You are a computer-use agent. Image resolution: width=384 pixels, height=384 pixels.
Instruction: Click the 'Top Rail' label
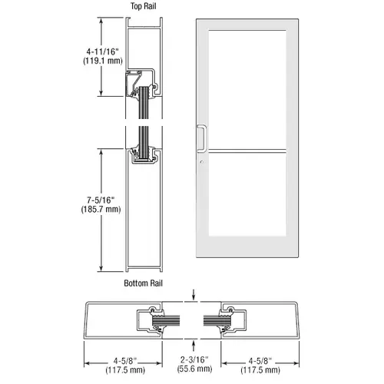click(x=143, y=6)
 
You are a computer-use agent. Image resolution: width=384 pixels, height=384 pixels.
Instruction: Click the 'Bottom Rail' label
click(x=143, y=283)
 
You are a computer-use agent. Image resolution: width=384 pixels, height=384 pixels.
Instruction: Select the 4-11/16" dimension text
click(x=103, y=51)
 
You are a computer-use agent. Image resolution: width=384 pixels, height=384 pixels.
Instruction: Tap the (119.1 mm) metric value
click(x=103, y=61)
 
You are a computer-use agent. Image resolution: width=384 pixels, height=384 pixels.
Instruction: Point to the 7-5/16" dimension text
click(x=101, y=200)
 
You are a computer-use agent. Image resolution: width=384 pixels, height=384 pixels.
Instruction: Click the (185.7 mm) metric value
click(x=101, y=209)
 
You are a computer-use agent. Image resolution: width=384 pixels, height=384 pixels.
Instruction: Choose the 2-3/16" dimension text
click(x=194, y=359)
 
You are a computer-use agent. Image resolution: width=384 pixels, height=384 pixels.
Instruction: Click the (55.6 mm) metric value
click(x=194, y=369)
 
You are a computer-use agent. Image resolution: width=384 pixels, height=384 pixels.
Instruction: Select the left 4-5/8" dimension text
click(x=125, y=361)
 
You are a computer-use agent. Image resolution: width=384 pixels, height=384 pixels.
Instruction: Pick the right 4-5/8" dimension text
click(x=260, y=361)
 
